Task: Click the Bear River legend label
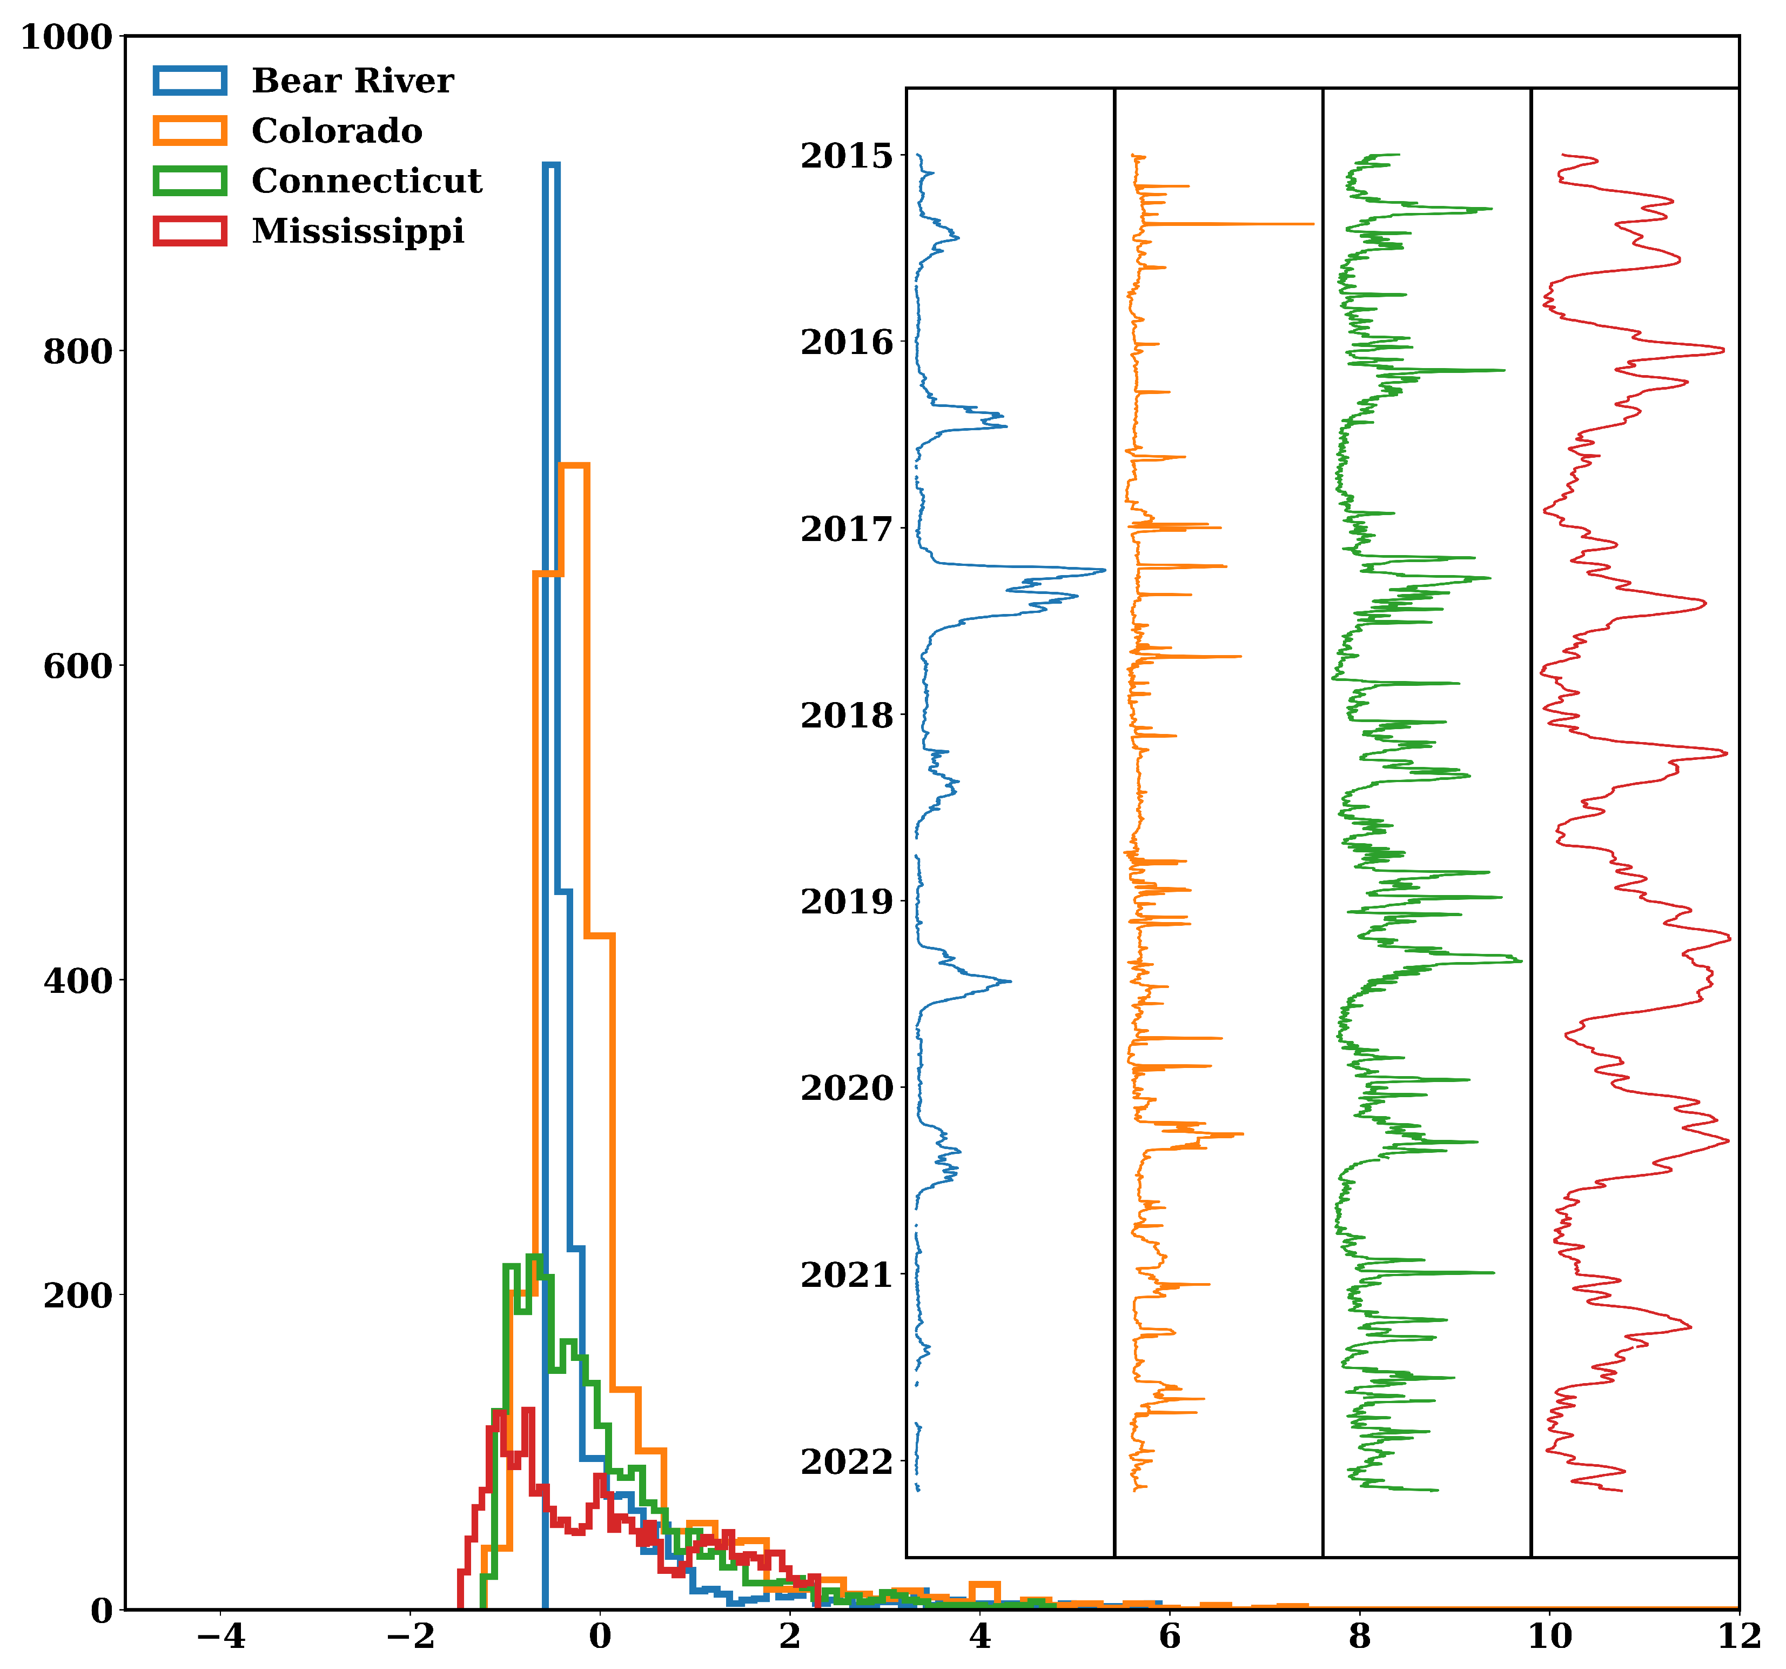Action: (352, 81)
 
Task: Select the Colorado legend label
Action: (337, 131)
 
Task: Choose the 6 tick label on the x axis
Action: (1169, 1637)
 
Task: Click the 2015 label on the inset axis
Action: (847, 156)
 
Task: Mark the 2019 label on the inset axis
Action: (847, 902)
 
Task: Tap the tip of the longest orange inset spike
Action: (1313, 224)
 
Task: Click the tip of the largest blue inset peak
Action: (1105, 570)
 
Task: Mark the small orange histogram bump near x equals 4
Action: (985, 1585)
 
